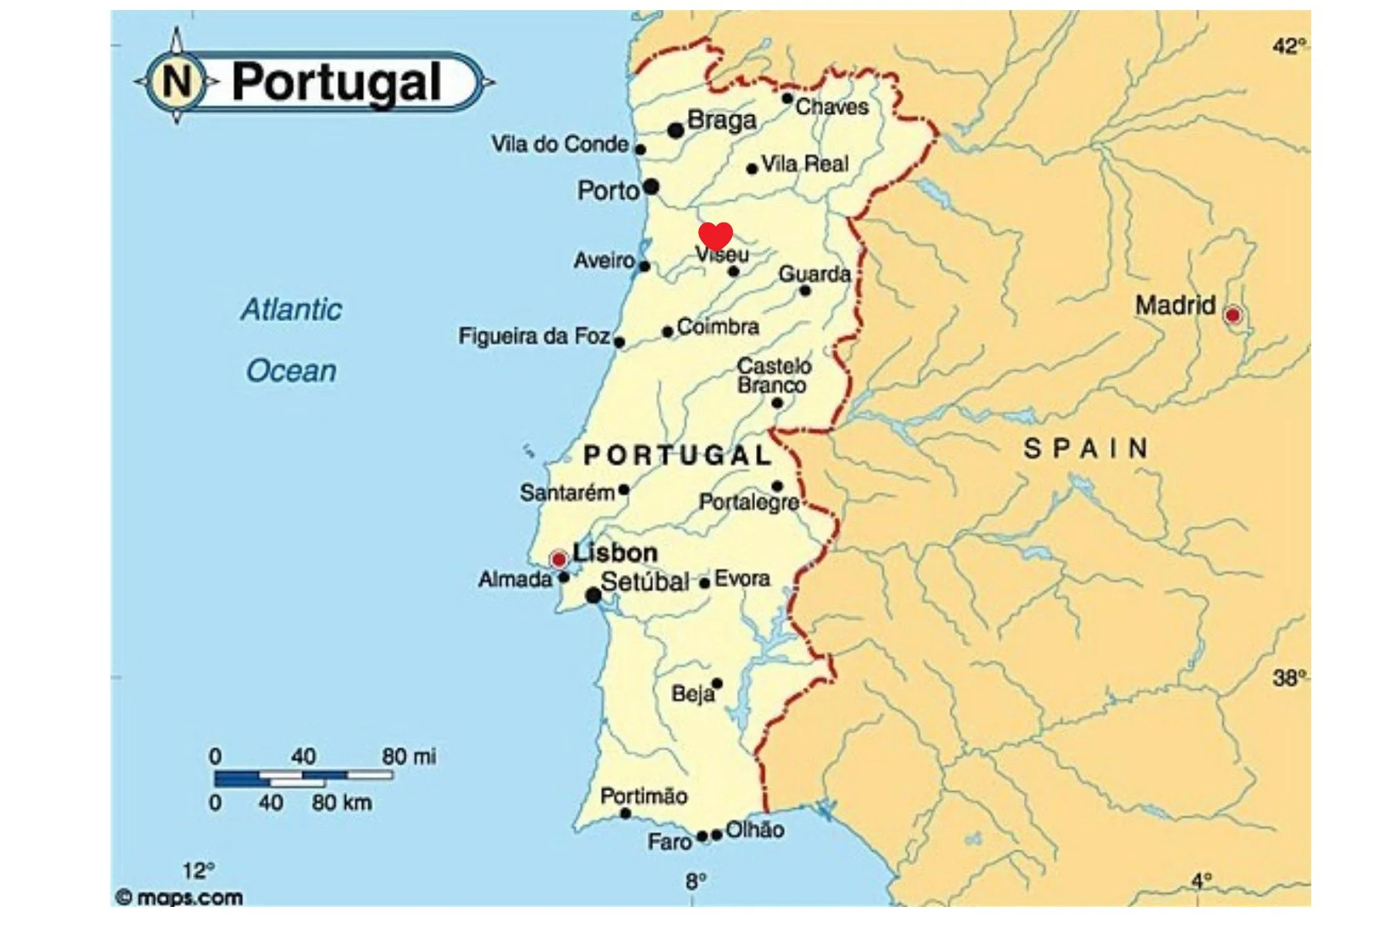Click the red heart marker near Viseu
click(x=715, y=235)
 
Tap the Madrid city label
click(x=1175, y=306)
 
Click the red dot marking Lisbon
click(x=558, y=559)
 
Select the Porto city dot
click(x=651, y=186)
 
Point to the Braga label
click(x=721, y=121)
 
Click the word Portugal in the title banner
click(x=336, y=82)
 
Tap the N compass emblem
click(x=177, y=80)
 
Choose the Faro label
click(x=669, y=841)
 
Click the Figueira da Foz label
click(x=534, y=336)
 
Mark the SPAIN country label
click(x=1086, y=449)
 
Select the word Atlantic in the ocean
click(x=291, y=310)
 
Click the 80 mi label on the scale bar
click(x=409, y=756)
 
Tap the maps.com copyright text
click(x=179, y=898)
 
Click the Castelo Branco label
click(x=773, y=375)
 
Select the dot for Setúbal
click(x=593, y=595)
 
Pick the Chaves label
click(x=832, y=107)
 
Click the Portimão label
click(x=643, y=796)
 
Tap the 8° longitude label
click(x=696, y=881)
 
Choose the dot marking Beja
click(x=717, y=684)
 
